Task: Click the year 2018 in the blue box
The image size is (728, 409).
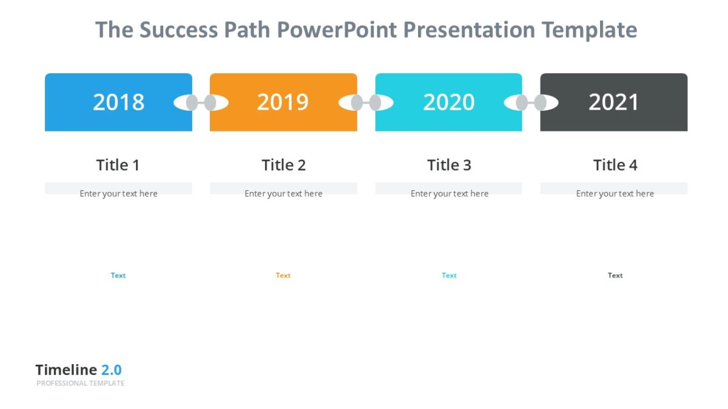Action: pyautogui.click(x=118, y=102)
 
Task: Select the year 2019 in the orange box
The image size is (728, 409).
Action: pyautogui.click(x=283, y=102)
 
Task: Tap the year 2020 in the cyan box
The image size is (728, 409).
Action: pyautogui.click(x=448, y=102)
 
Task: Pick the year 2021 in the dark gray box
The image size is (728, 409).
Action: pyautogui.click(x=613, y=102)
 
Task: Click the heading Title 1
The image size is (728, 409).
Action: pyautogui.click(x=118, y=165)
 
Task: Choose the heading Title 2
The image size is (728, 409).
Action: pyautogui.click(x=283, y=165)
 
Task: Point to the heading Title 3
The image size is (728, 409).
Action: pyautogui.click(x=449, y=165)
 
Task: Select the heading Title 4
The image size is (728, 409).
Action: pyautogui.click(x=615, y=165)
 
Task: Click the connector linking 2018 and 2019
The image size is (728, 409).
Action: pyautogui.click(x=201, y=103)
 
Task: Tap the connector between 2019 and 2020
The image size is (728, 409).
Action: pyautogui.click(x=366, y=103)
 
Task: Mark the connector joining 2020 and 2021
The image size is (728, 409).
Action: pyautogui.click(x=531, y=103)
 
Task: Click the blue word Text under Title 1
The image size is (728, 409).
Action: pyautogui.click(x=118, y=275)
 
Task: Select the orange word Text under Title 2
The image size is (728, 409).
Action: pyautogui.click(x=283, y=275)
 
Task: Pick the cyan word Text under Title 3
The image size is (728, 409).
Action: pyautogui.click(x=449, y=275)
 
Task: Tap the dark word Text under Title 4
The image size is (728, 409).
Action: pyautogui.click(x=615, y=275)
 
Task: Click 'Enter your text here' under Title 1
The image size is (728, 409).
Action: pyautogui.click(x=118, y=194)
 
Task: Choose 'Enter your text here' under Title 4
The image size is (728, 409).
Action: pyautogui.click(x=615, y=194)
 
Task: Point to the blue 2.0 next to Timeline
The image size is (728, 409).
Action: pyautogui.click(x=111, y=370)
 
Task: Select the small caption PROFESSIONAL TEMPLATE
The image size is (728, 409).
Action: pyautogui.click(x=80, y=384)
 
